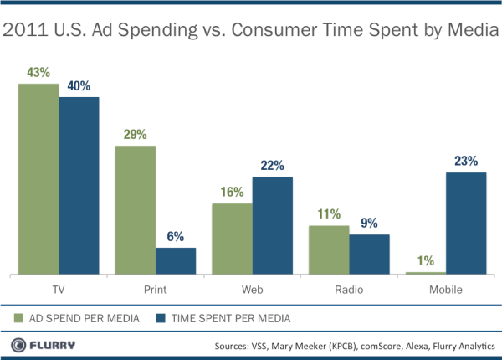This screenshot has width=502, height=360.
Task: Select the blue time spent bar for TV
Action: coord(79,185)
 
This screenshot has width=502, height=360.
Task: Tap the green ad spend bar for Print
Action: coord(135,209)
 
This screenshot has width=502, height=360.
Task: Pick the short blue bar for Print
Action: coord(175,260)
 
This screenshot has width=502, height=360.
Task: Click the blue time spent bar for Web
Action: coord(272,225)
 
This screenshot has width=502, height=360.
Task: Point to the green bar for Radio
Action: coord(329,249)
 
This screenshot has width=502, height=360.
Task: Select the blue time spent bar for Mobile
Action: coord(466,223)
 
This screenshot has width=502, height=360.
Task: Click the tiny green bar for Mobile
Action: coord(425,272)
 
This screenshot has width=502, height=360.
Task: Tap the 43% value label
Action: coord(38,73)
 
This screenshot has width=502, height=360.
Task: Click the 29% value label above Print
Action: coord(135,135)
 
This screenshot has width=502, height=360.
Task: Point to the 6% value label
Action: coord(175,236)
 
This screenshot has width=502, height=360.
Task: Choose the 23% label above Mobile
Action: coord(466,161)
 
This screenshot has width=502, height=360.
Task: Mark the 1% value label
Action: coord(425,260)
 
